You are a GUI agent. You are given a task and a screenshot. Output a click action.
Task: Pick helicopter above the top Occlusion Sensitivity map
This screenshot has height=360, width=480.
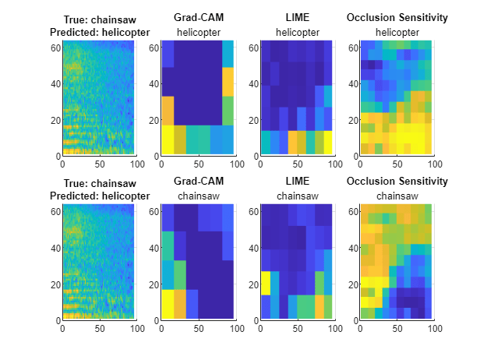pyautogui.click(x=397, y=32)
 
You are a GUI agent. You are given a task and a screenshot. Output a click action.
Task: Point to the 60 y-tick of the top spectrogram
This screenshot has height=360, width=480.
pyautogui.click(x=55, y=48)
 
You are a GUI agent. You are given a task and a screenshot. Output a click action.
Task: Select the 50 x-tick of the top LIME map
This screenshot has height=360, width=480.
pyautogui.click(x=296, y=164)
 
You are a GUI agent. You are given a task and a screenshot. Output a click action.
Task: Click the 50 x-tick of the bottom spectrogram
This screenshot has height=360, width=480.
pyautogui.click(x=99, y=329)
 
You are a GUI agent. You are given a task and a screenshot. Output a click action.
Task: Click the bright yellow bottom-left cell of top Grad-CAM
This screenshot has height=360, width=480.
pyautogui.click(x=167, y=139)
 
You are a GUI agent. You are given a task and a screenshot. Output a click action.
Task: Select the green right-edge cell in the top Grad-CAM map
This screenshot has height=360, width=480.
pyautogui.click(x=228, y=110)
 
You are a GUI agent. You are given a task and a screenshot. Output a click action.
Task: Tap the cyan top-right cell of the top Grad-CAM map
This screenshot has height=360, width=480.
pyautogui.click(x=228, y=54)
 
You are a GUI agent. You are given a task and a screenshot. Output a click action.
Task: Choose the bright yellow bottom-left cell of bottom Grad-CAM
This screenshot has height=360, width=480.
pyautogui.click(x=167, y=303)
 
